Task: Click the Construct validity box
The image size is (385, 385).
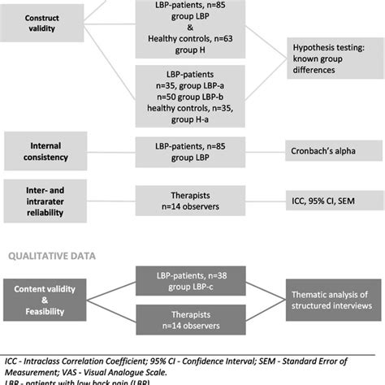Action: tap(41, 24)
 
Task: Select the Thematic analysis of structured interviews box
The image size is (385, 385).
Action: tap(329, 290)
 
